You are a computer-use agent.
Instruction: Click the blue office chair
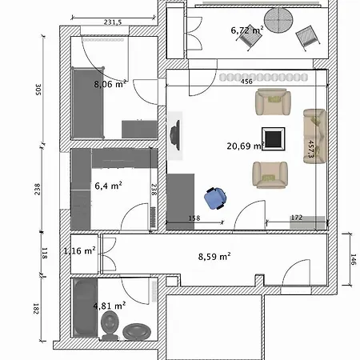click(215, 198)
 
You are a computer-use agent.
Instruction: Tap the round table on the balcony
click(278, 20)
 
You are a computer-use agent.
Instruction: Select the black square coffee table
click(274, 138)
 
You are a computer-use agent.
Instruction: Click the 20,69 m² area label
click(246, 146)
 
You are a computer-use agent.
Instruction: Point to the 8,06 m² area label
click(110, 84)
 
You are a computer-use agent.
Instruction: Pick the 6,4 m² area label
click(108, 186)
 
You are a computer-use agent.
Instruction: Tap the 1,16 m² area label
click(79, 250)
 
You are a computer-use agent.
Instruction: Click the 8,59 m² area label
click(214, 257)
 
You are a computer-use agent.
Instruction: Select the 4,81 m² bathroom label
click(110, 306)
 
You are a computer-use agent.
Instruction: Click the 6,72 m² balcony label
click(247, 30)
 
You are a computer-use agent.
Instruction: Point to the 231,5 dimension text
click(113, 22)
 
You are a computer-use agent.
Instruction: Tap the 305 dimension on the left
click(38, 90)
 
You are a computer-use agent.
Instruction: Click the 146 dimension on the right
click(354, 259)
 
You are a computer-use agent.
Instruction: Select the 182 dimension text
click(36, 309)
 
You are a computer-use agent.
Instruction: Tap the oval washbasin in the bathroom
click(137, 332)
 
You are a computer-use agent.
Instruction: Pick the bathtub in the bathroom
click(85, 308)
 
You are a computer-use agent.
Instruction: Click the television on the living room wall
click(175, 135)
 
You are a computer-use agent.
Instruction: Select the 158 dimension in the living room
click(194, 218)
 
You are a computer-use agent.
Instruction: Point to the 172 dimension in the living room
click(297, 218)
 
